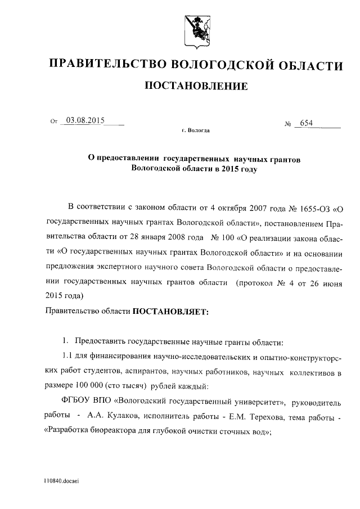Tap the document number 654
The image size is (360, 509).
coord(307,123)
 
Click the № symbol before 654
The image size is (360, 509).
coord(289,124)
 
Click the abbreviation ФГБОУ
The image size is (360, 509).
coord(78,401)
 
